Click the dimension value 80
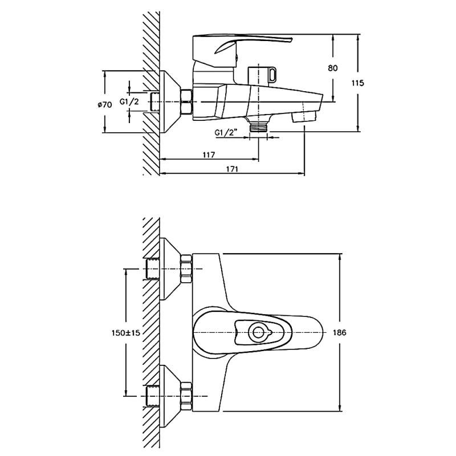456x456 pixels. tap(333, 68)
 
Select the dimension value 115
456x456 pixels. tap(357, 83)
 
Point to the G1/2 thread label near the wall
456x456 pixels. tap(129, 102)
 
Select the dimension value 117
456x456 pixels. tap(208, 155)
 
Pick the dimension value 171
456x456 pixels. tap(231, 169)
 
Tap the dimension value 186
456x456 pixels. tap(339, 332)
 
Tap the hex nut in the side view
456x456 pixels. tap(186, 102)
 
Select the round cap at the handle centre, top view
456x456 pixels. tap(259, 332)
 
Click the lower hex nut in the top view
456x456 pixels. tap(186, 396)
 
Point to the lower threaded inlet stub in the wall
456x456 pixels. tap(153, 396)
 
